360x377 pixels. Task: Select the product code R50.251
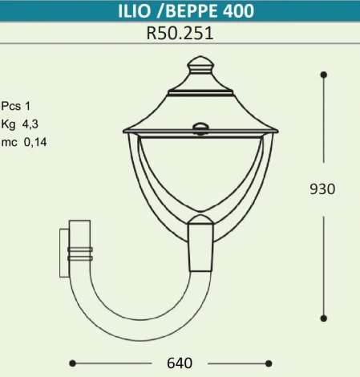click(180, 35)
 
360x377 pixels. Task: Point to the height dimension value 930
click(322, 189)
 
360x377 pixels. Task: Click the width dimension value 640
click(179, 363)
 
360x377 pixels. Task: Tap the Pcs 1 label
click(16, 105)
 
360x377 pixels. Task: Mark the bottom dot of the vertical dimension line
click(323, 318)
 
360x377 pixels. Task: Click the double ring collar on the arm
click(80, 253)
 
